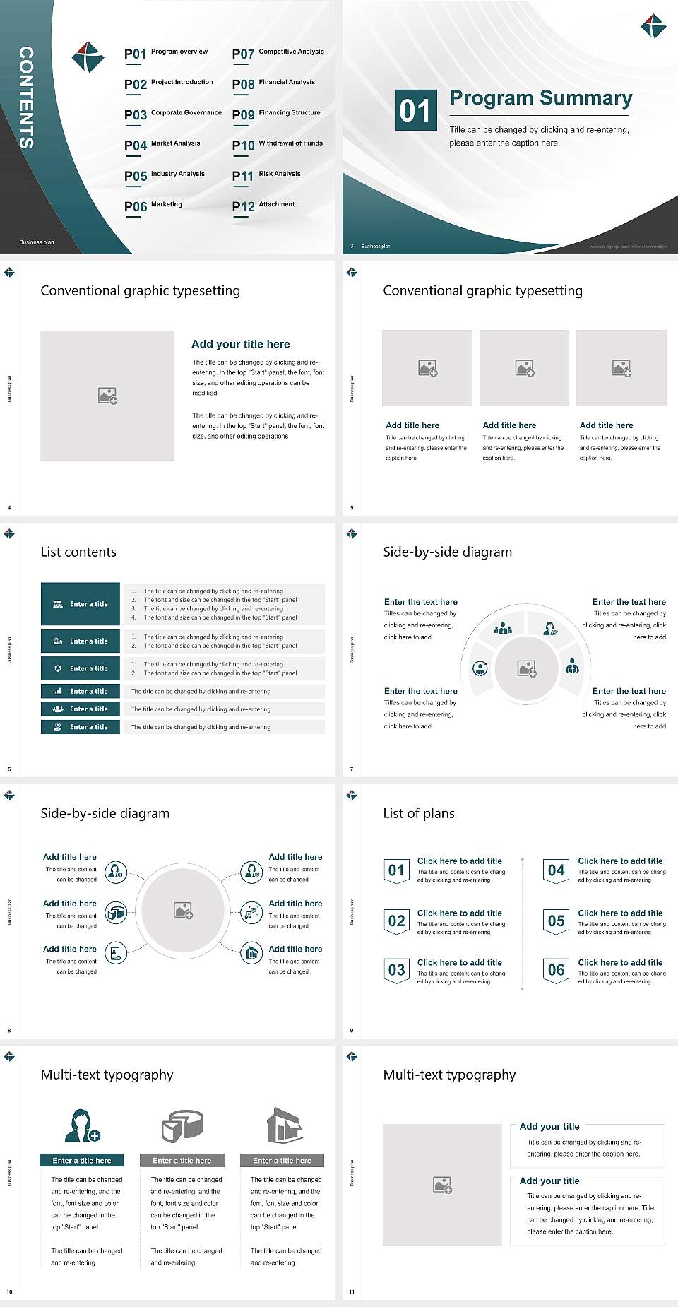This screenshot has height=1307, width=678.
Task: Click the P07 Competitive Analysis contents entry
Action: point(278,53)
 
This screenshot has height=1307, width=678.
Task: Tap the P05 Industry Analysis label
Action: point(165,175)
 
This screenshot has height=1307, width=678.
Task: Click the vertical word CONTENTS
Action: point(26,97)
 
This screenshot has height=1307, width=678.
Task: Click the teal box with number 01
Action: point(415,110)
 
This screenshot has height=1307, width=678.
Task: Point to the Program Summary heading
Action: point(540,98)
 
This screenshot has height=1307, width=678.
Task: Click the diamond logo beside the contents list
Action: point(88,57)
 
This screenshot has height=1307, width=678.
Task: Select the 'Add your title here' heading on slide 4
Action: point(240,344)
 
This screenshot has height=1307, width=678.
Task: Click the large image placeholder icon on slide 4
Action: point(107,396)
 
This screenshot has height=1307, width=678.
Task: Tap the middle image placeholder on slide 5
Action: point(524,368)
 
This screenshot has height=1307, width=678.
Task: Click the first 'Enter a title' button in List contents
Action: point(81,604)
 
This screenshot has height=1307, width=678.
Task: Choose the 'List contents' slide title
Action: point(78,552)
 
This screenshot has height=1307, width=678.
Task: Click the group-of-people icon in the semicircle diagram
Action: point(503,627)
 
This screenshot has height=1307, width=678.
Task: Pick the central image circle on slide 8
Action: point(183,910)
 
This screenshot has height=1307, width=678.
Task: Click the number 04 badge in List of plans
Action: point(556,870)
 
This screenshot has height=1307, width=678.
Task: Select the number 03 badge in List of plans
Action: point(396,970)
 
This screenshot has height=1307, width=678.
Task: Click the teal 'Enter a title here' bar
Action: point(81,1160)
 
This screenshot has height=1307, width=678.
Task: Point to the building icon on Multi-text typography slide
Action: point(285,1125)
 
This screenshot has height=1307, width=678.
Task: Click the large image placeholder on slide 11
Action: point(442,1185)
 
